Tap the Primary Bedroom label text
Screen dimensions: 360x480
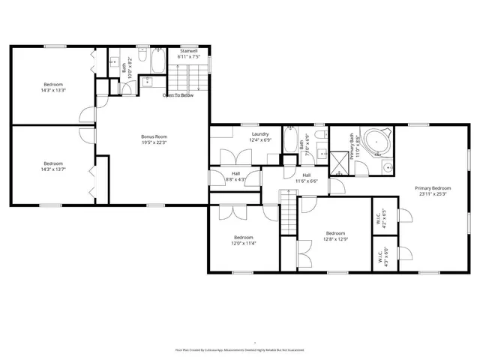(x=433, y=190)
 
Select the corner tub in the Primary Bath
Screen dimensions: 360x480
(x=380, y=139)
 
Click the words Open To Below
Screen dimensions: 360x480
(x=178, y=95)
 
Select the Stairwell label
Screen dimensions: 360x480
(x=187, y=53)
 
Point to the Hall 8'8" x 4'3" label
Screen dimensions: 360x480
(x=235, y=177)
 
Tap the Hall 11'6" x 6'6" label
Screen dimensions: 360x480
(x=306, y=178)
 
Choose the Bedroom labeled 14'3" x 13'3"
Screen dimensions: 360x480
(x=53, y=87)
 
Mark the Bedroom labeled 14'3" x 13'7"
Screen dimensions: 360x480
(x=53, y=166)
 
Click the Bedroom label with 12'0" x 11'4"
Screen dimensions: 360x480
(x=244, y=240)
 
